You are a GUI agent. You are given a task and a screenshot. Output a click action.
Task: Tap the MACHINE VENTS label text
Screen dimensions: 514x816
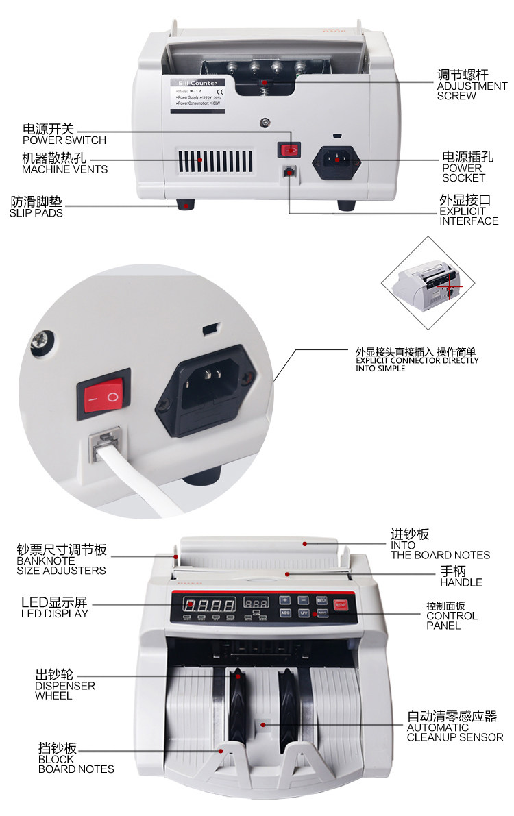[x=64, y=169]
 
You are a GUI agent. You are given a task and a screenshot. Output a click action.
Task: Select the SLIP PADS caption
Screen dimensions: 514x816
[x=36, y=213]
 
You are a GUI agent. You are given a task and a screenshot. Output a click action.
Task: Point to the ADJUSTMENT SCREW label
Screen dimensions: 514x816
[x=472, y=87]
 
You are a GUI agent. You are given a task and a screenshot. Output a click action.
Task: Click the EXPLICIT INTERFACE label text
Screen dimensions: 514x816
[x=469, y=217]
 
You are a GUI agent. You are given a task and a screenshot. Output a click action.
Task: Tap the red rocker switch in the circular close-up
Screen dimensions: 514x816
[x=106, y=396]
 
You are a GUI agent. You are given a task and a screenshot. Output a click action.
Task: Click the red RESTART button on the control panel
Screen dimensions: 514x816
[x=341, y=605]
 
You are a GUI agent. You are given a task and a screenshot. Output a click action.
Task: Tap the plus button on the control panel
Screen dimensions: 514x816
[x=285, y=600]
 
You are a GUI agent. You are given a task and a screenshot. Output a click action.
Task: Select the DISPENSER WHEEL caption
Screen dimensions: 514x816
[x=65, y=691]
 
